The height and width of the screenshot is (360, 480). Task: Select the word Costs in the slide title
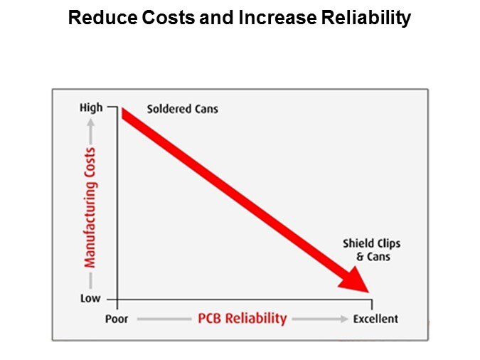pyautogui.click(x=162, y=18)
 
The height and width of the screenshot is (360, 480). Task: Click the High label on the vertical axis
pyautogui.click(x=91, y=108)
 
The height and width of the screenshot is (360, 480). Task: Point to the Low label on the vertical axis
pyautogui.click(x=90, y=299)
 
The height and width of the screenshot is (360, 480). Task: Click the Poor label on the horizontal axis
pyautogui.click(x=117, y=319)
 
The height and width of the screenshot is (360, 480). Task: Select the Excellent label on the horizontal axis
pyautogui.click(x=376, y=319)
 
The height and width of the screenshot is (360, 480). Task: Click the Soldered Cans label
pyautogui.click(x=183, y=110)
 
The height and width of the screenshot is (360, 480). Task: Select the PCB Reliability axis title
pyautogui.click(x=242, y=318)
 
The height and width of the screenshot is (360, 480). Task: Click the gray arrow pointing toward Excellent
pyautogui.click(x=319, y=319)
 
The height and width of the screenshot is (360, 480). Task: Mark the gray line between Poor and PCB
pyautogui.click(x=163, y=319)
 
